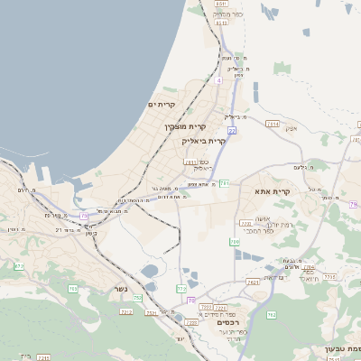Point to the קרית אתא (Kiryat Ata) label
(271, 191)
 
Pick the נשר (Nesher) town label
(120, 289)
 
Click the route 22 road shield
(232, 131)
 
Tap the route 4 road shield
(218, 80)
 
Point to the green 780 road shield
(235, 242)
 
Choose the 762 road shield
(137, 297)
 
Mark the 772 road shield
(181, 289)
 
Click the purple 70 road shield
(191, 301)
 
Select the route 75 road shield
(85, 216)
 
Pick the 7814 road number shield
(273, 123)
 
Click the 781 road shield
(224, 183)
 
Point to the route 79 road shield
(354, 206)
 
